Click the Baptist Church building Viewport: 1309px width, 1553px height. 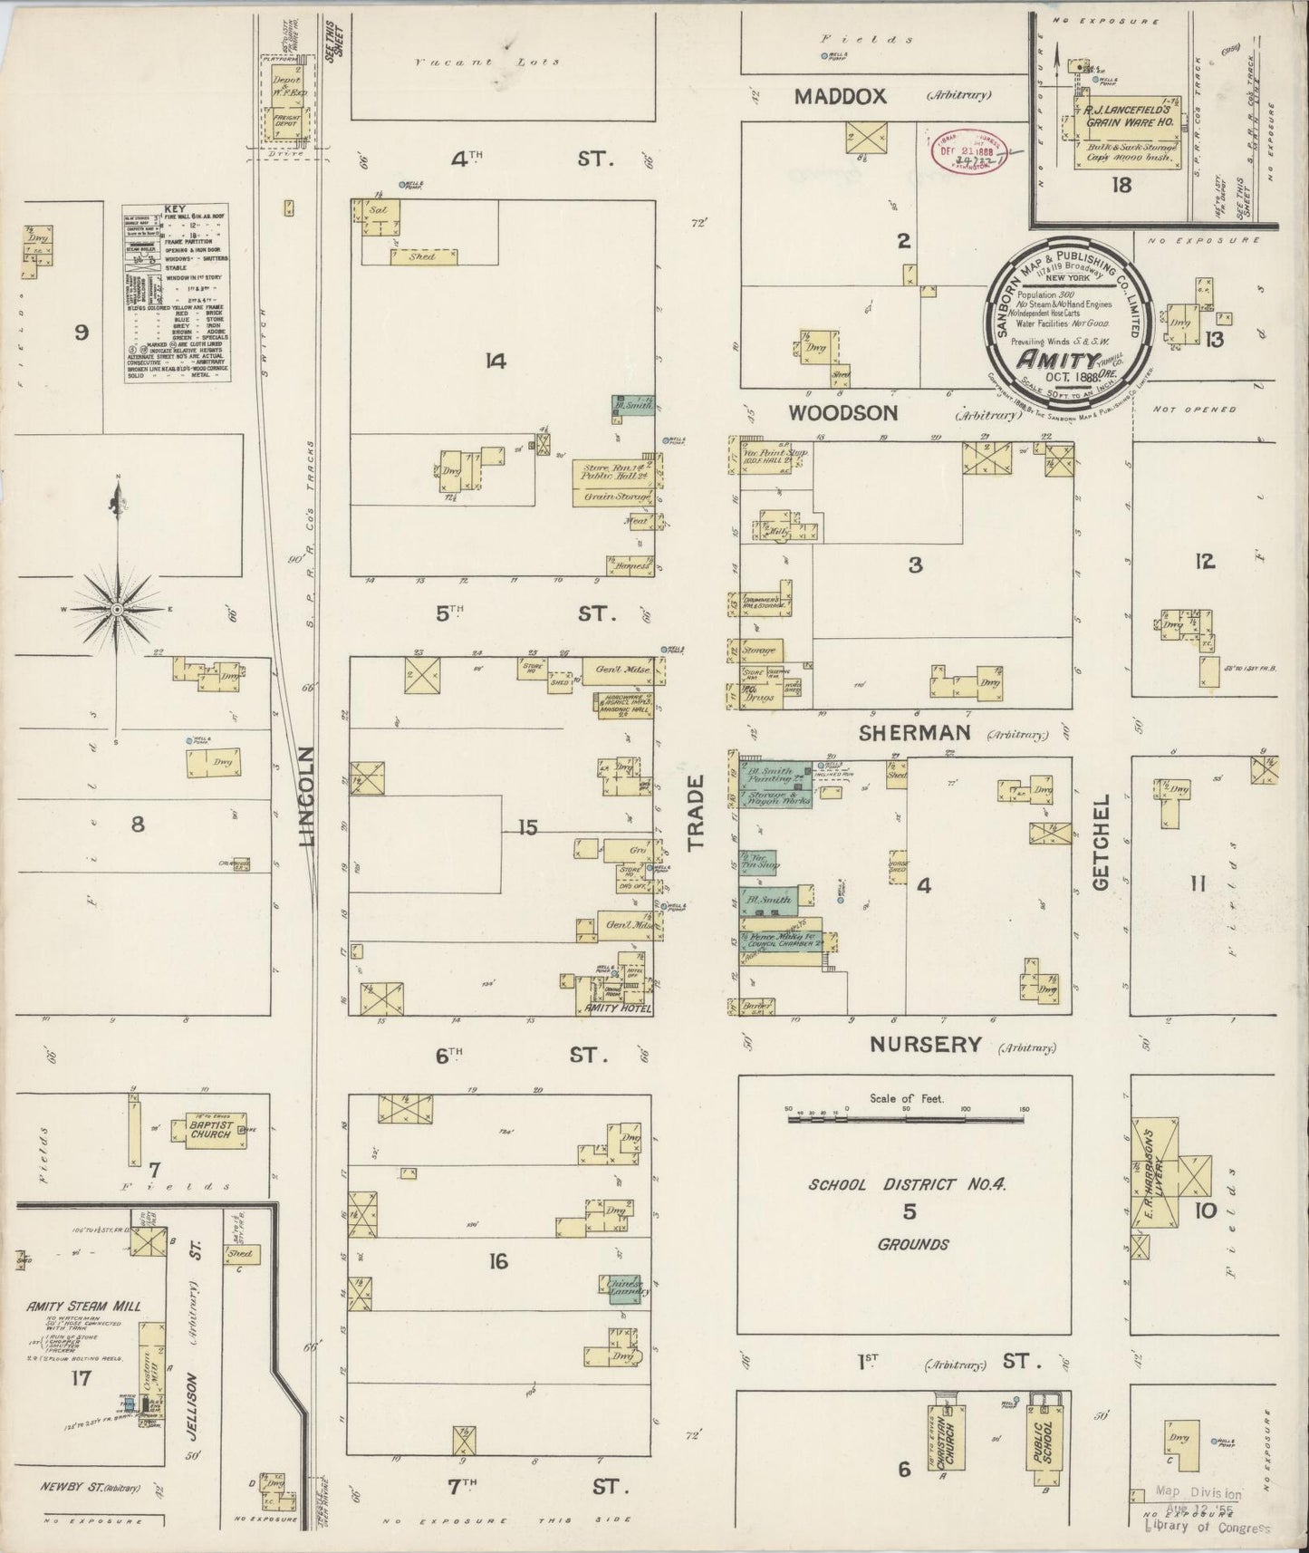[x=210, y=1130]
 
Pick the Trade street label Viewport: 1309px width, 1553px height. [x=695, y=813]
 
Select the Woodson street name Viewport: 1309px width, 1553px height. [x=842, y=413]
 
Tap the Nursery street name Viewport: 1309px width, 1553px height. [x=925, y=1045]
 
